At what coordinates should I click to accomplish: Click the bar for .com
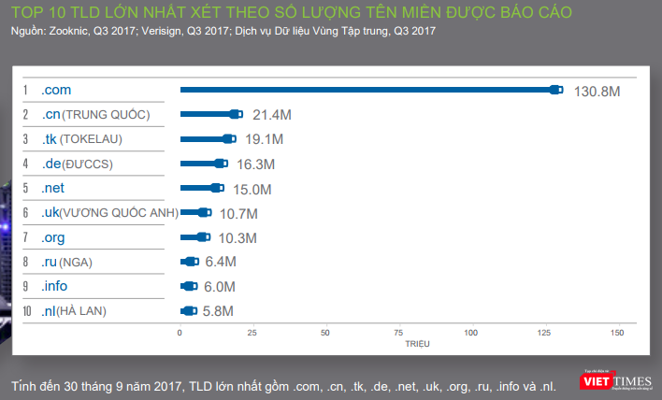pos(370,90)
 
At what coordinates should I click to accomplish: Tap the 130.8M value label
pos(597,91)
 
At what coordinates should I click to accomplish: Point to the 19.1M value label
pos(266,139)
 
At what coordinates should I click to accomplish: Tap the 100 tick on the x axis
pos(471,333)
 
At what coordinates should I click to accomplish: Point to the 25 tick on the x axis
pos(252,333)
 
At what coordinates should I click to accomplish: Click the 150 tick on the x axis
pos(616,333)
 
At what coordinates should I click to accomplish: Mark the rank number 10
pos(28,310)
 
